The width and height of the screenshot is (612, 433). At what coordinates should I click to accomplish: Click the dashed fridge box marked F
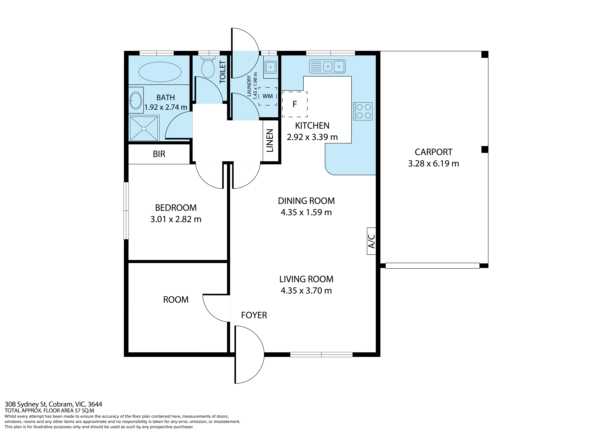tap(295, 104)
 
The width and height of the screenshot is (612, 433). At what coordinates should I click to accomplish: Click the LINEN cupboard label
tap(270, 141)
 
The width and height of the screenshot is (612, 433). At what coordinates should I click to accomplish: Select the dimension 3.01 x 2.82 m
tap(176, 219)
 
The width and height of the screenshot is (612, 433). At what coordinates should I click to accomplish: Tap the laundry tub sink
tap(271, 67)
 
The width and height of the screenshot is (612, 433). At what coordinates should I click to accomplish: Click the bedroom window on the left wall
tap(126, 211)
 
